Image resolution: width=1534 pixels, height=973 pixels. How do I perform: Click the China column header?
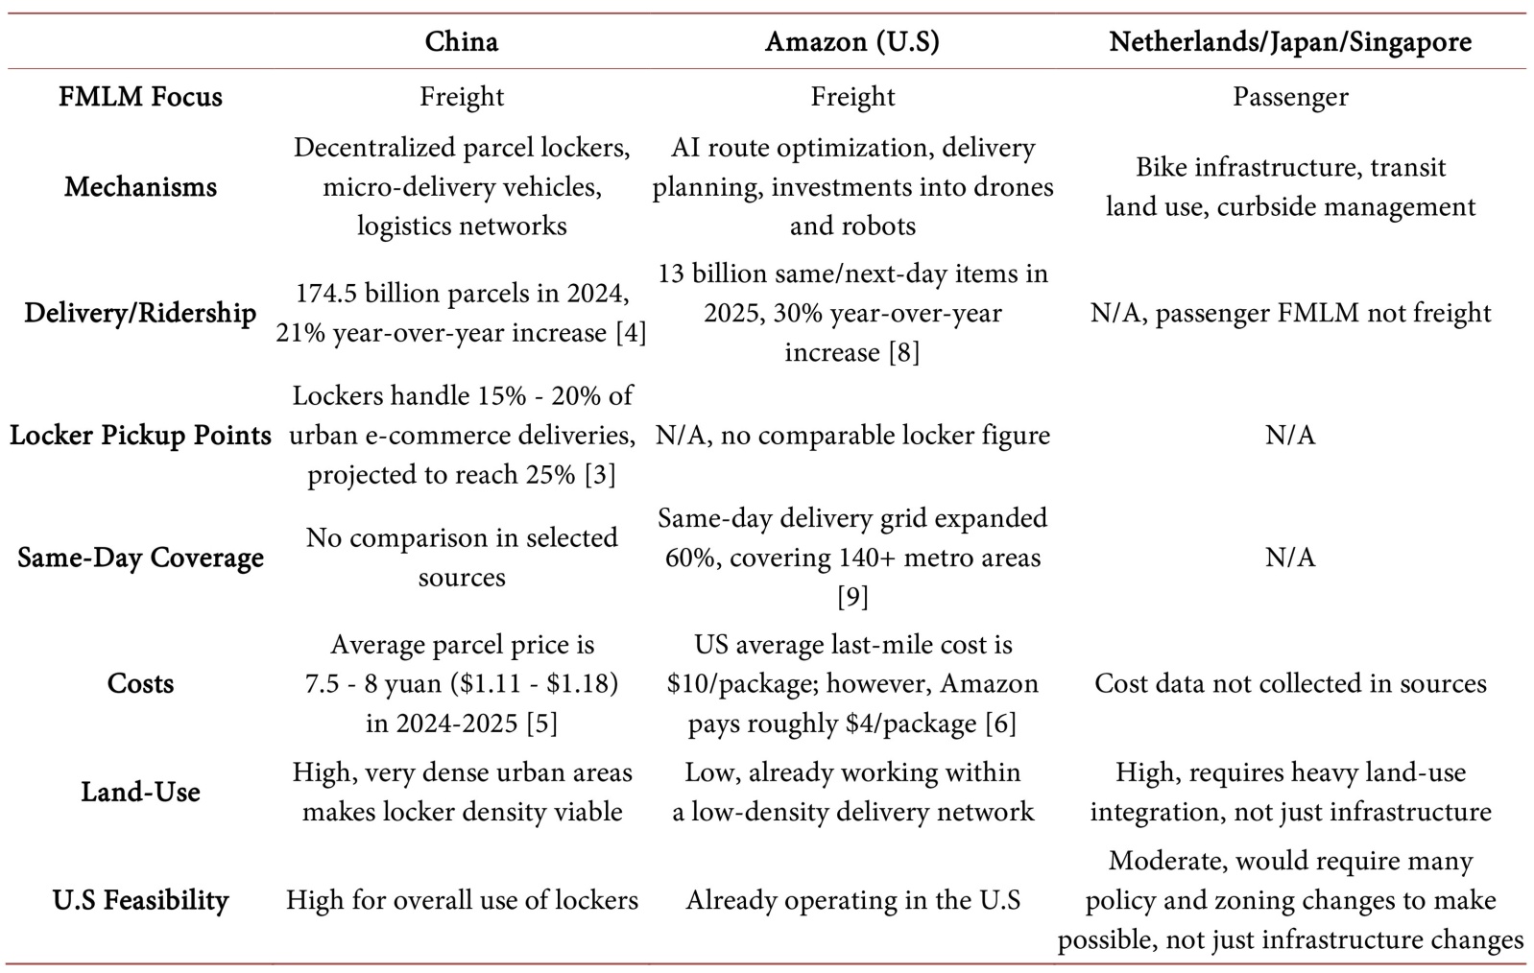pyautogui.click(x=462, y=42)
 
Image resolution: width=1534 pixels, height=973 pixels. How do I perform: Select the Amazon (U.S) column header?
pyautogui.click(x=852, y=42)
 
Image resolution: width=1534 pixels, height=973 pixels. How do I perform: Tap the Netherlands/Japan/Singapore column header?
pyautogui.click(x=1290, y=42)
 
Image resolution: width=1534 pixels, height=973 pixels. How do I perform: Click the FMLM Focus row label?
pyautogui.click(x=140, y=97)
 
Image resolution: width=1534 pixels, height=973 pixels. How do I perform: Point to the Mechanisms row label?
pyautogui.click(x=140, y=187)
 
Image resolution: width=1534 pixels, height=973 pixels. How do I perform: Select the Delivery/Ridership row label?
pyautogui.click(x=140, y=313)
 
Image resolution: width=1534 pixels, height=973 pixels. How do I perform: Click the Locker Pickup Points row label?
pyautogui.click(x=140, y=436)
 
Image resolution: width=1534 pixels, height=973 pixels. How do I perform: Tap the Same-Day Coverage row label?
pyautogui.click(x=140, y=558)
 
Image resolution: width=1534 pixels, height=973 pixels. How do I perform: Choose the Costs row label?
pyautogui.click(x=140, y=683)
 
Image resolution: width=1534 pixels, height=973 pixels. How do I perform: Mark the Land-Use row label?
pyautogui.click(x=140, y=793)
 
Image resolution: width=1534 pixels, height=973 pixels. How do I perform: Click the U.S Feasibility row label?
pyautogui.click(x=140, y=900)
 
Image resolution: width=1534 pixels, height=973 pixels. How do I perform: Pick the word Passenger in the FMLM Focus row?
pyautogui.click(x=1290, y=97)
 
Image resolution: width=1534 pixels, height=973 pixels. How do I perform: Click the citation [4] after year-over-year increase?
pyautogui.click(x=631, y=334)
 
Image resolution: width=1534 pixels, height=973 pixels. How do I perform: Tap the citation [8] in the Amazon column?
pyautogui.click(x=904, y=353)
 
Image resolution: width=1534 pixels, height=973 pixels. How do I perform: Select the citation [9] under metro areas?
pyautogui.click(x=852, y=598)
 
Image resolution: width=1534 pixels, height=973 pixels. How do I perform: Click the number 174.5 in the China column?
pyautogui.click(x=325, y=294)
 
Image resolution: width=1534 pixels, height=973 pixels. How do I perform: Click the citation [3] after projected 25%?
pyautogui.click(x=600, y=475)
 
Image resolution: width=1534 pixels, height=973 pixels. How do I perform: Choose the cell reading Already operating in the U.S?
pyautogui.click(x=852, y=900)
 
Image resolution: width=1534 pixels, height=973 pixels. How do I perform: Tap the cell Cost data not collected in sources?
pyautogui.click(x=1290, y=683)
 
